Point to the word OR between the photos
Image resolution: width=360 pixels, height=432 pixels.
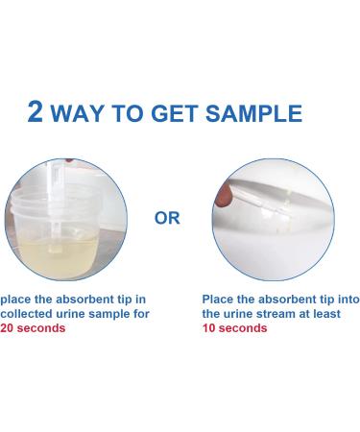point(167,219)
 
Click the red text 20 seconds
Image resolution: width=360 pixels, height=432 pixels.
point(34,328)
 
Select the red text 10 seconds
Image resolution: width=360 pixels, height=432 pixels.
point(234,328)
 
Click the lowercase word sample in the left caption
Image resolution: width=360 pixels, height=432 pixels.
point(117,314)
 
